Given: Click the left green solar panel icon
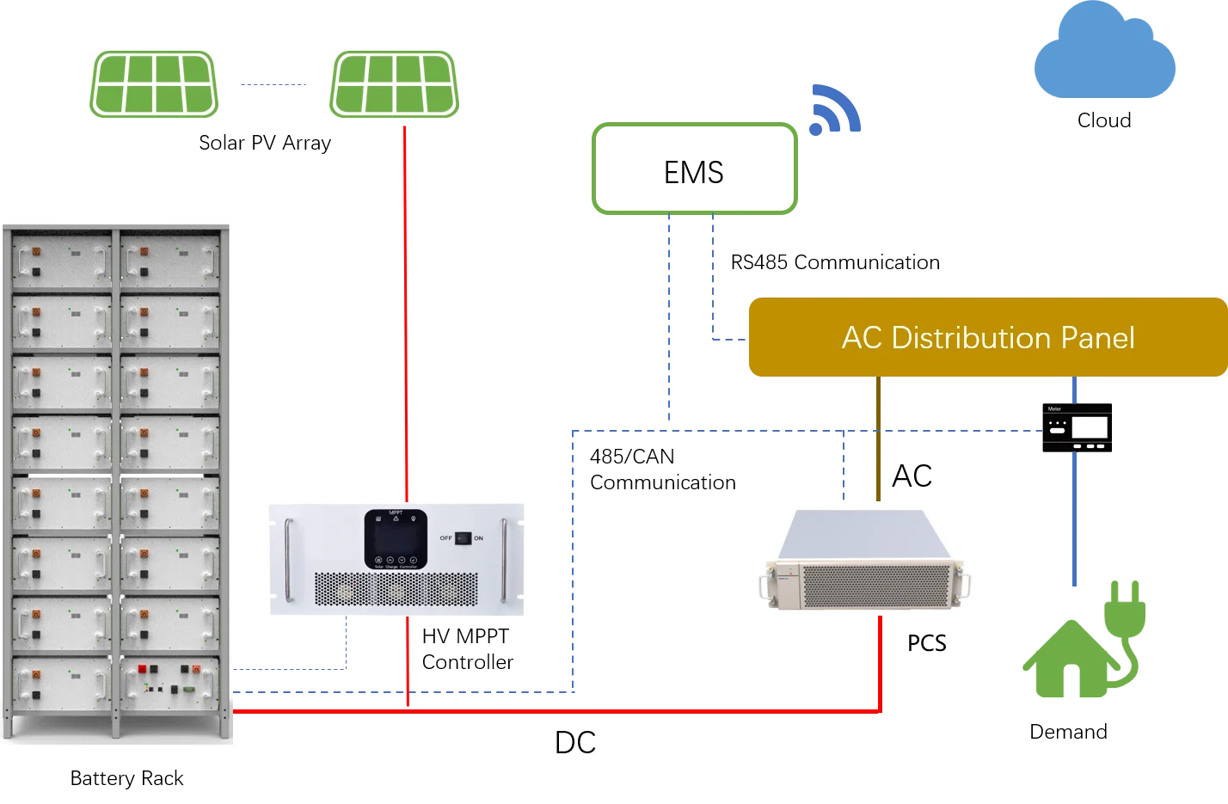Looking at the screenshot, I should pos(155,84).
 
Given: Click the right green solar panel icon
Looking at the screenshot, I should pos(392,84).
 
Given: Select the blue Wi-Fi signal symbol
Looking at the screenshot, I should pos(834,112).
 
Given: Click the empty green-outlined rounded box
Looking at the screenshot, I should pos(695,168).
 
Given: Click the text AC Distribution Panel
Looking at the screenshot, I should pos(987,338).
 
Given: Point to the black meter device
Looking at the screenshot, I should pos(1076,427).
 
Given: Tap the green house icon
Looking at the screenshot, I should pos(1066,662).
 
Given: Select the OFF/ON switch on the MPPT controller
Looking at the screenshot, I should pos(463,538).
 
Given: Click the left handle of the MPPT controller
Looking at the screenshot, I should pos(289,560).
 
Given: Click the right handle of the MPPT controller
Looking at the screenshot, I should pos(505,560).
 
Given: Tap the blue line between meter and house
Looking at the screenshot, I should pos(1073,525).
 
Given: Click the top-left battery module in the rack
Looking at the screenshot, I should pos(61,259).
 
